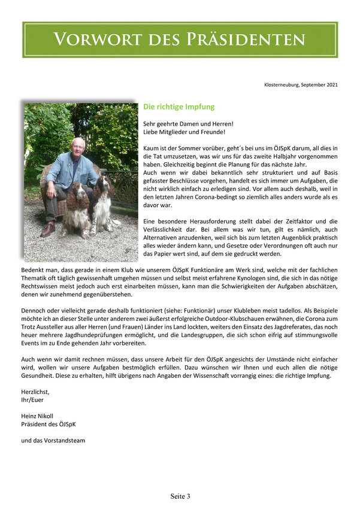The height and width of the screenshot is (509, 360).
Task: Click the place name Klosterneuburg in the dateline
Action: (283, 85)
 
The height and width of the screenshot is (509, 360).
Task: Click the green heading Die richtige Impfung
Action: (179, 107)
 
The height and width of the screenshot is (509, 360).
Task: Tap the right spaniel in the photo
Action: (104, 201)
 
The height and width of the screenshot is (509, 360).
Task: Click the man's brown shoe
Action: (49, 229)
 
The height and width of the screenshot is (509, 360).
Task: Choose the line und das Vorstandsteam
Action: (53, 440)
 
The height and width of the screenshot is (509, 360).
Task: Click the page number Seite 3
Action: (180, 496)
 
